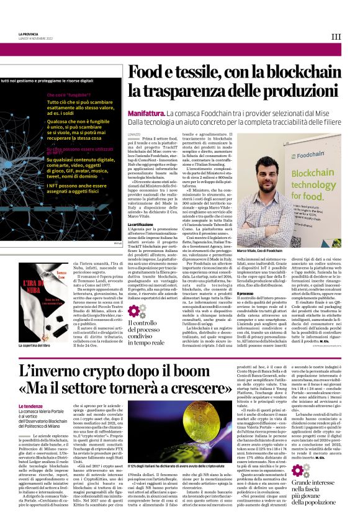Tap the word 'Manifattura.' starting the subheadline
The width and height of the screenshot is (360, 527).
pyautogui.click(x=146, y=114)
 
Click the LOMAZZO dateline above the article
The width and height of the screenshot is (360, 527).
pyautogui.click(x=134, y=133)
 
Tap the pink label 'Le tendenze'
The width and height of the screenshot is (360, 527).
pyautogui.click(x=30, y=406)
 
